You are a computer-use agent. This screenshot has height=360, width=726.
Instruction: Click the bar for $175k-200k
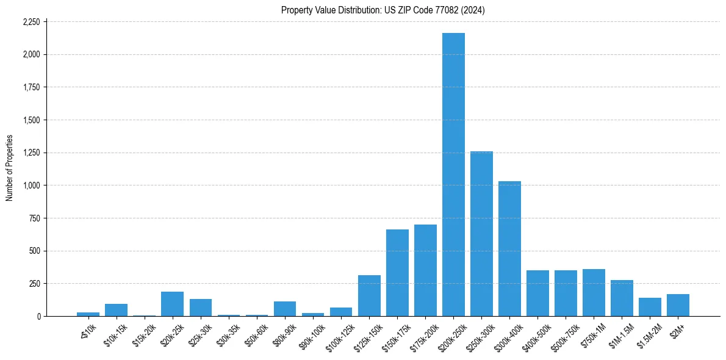click(425, 270)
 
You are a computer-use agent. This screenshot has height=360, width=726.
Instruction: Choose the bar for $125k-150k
click(369, 296)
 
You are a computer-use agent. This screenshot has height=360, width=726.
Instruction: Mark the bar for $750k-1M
click(594, 293)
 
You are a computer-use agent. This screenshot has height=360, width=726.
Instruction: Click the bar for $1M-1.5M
click(622, 298)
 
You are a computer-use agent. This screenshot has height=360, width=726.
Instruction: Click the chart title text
click(383, 10)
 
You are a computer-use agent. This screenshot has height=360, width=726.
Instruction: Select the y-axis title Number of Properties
click(10, 168)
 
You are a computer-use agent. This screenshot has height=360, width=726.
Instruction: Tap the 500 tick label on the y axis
click(35, 251)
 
